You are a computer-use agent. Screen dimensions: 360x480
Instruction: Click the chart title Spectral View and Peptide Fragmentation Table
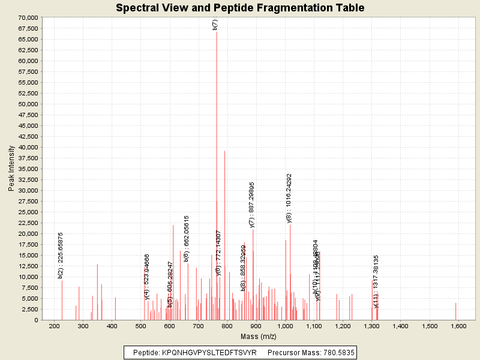pos(240,8)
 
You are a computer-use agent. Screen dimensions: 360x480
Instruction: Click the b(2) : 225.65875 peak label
pos(61,255)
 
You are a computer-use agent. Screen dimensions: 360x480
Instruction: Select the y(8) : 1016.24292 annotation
pos(289,198)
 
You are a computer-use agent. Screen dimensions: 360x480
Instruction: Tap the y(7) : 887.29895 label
pos(252,205)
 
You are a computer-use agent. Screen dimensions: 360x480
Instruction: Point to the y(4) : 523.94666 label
pos(147,276)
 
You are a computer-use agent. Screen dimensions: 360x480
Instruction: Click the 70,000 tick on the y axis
pos(28,17)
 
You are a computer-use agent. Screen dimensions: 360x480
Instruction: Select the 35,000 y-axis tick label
pos(28,169)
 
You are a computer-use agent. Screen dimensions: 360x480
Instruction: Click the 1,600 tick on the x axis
pos(458,326)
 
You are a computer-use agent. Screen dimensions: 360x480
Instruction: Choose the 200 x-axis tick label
pos(54,326)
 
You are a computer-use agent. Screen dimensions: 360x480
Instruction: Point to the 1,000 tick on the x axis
pos(285,326)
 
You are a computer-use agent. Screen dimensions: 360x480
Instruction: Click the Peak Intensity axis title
pos(11,169)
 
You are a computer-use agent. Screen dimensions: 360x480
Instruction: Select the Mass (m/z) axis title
pos(257,337)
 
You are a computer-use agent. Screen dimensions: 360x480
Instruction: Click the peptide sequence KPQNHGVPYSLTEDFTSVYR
pos(209,352)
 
